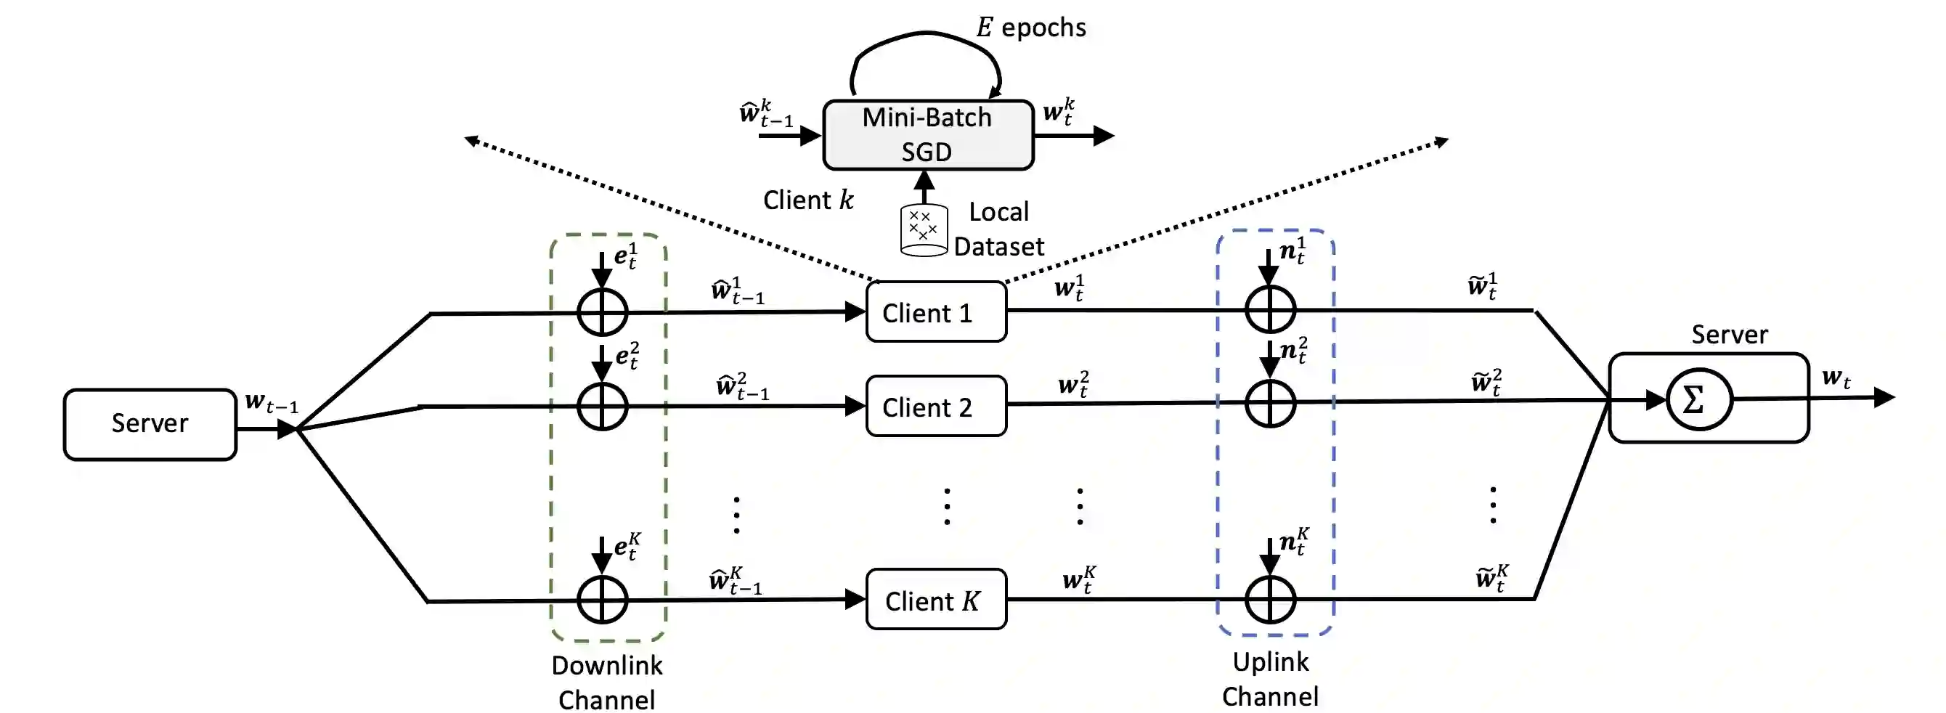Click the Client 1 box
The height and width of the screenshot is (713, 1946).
(x=936, y=312)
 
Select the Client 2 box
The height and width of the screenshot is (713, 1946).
(x=936, y=407)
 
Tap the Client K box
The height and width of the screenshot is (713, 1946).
(x=936, y=600)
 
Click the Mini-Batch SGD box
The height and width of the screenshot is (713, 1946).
(x=928, y=135)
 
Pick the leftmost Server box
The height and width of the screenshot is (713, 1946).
(x=150, y=424)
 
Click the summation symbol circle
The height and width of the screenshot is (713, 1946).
(x=1699, y=399)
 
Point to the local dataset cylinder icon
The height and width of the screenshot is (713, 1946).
(x=923, y=229)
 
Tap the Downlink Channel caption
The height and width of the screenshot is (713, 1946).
(x=606, y=682)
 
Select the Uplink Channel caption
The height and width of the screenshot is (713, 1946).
(x=1270, y=678)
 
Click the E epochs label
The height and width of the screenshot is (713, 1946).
(x=1031, y=28)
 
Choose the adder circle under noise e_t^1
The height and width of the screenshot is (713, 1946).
(x=602, y=312)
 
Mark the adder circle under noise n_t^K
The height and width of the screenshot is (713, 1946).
(x=1270, y=600)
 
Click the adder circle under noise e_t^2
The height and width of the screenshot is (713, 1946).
(x=602, y=407)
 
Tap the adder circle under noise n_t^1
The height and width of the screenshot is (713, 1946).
(x=1270, y=310)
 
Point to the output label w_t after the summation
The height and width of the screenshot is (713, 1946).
(x=1836, y=378)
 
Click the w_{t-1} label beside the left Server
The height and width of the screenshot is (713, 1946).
(x=271, y=402)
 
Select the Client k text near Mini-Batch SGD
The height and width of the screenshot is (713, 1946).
(x=807, y=200)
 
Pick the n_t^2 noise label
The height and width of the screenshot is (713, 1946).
(x=1293, y=351)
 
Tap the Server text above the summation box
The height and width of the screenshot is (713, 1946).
(x=1729, y=335)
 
